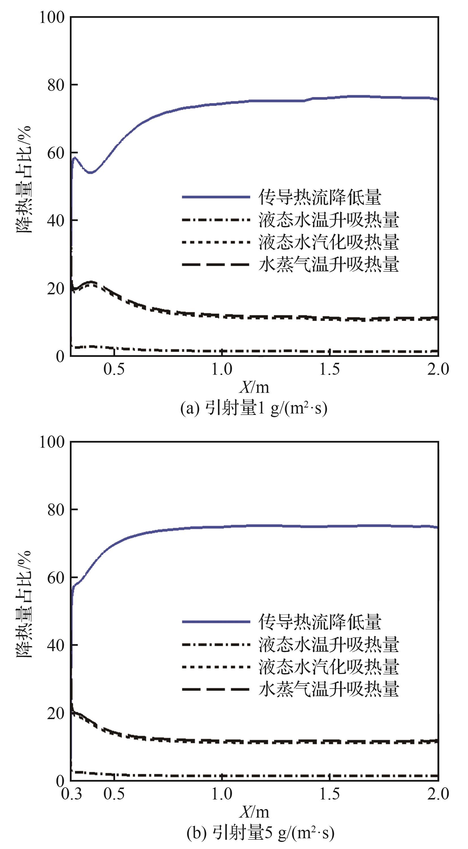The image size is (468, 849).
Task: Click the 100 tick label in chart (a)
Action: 52,18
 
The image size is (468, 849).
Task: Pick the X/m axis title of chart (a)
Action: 254,387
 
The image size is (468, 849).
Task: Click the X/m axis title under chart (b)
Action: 254,812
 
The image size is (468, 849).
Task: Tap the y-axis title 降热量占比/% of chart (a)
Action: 24,180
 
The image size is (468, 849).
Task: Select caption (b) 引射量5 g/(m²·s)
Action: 260,833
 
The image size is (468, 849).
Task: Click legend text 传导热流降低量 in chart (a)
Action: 320,197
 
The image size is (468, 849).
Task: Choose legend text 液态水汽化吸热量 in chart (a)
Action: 329,242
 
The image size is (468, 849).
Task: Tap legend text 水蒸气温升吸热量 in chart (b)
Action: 329,689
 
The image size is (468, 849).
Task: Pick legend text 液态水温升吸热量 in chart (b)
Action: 329,644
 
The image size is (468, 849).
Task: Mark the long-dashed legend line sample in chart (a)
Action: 216,264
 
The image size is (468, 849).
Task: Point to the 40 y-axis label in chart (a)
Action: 55,220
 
